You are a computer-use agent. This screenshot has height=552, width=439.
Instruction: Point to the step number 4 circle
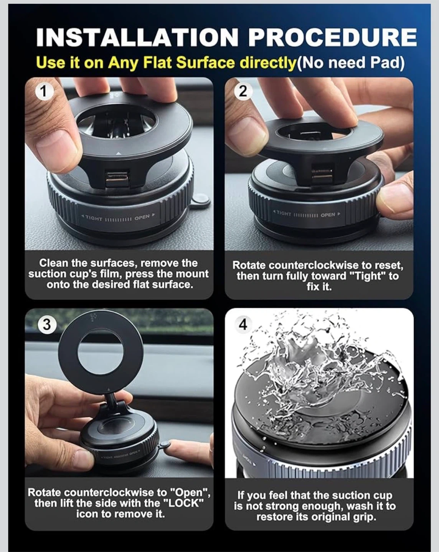243,325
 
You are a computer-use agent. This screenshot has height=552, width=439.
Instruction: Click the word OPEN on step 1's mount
142,217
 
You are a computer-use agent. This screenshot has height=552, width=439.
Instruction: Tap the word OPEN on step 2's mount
328,214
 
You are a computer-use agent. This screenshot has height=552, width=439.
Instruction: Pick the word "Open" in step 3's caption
190,492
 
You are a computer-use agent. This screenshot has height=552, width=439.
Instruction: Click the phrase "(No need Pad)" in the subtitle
350,63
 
